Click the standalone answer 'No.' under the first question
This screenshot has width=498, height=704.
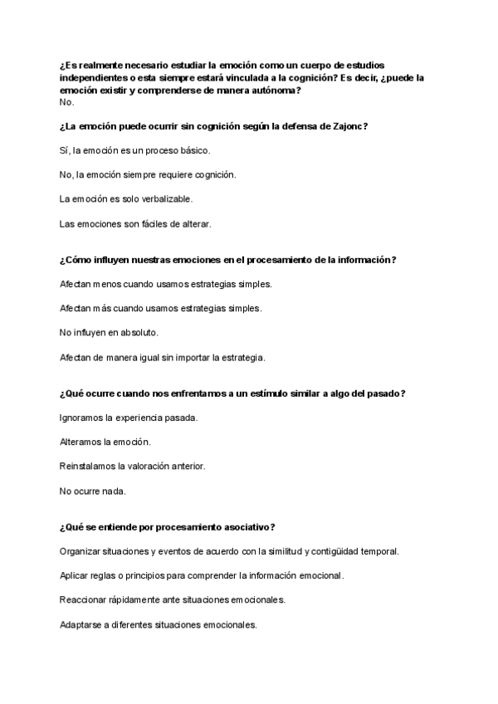(66, 102)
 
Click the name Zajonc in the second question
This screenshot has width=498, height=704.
(349, 126)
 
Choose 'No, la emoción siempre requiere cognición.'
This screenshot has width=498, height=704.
(148, 175)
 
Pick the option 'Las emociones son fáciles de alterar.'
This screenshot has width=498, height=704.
(136, 224)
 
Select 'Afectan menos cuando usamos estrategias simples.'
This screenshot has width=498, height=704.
(166, 284)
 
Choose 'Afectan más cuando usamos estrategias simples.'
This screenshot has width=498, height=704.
(161, 309)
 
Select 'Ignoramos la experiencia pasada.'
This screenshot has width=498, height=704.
(129, 418)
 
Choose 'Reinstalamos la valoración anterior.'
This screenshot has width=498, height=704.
(133, 467)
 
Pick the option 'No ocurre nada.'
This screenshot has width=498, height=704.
(93, 491)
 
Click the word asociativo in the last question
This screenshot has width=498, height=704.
(246, 527)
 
